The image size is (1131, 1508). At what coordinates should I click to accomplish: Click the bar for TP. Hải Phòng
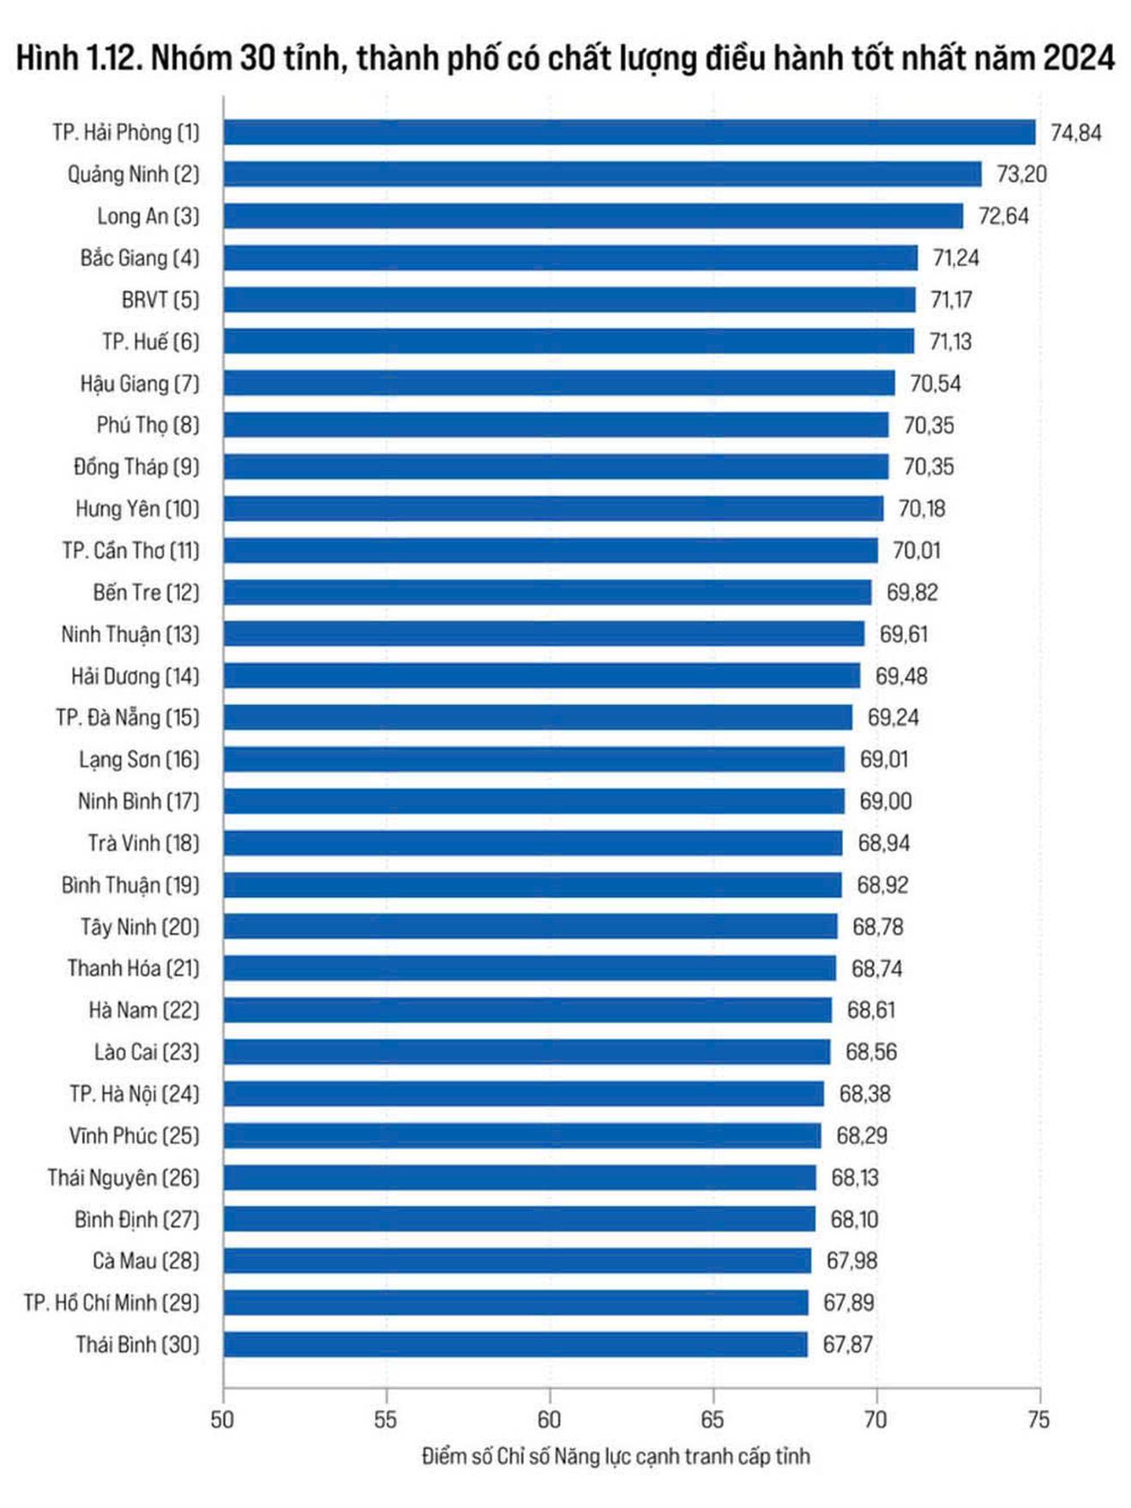click(629, 132)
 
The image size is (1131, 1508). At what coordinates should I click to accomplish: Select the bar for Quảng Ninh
click(602, 174)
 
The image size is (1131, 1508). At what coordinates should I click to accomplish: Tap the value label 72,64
click(1002, 216)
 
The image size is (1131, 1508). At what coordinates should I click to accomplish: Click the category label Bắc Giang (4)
click(140, 258)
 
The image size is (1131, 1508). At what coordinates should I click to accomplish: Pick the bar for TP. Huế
click(569, 341)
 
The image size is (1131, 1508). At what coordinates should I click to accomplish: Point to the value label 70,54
click(935, 383)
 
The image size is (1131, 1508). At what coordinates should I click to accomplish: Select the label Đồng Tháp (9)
click(136, 467)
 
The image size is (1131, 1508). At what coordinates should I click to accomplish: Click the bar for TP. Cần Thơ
click(550, 551)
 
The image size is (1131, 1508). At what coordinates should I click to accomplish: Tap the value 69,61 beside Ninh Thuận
click(903, 635)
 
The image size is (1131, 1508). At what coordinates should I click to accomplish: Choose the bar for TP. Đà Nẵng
click(538, 717)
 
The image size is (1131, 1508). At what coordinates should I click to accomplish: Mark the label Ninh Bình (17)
click(138, 801)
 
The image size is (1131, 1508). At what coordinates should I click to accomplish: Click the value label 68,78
click(877, 926)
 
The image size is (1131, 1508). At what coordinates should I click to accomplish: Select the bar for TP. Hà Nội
click(523, 1094)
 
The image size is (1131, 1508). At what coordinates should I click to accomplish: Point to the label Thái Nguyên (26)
click(123, 1177)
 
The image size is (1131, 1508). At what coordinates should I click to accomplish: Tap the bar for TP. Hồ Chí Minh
click(515, 1302)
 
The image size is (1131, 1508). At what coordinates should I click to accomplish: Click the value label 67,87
click(847, 1344)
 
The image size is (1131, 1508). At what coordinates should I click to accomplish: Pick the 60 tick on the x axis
click(549, 1420)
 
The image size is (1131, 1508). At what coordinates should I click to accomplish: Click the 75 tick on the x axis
click(1038, 1420)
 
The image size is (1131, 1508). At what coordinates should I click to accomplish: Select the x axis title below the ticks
click(615, 1456)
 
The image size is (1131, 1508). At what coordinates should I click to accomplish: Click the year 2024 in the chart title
click(1078, 58)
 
